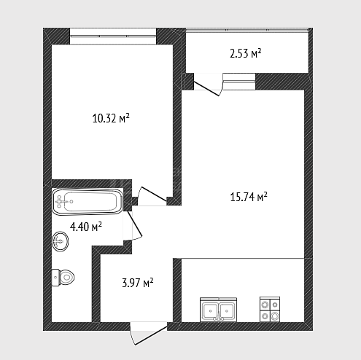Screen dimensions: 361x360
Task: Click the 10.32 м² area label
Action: click(x=111, y=119)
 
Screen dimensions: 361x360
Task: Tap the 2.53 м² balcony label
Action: click(x=246, y=53)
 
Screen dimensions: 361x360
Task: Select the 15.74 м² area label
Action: click(x=249, y=197)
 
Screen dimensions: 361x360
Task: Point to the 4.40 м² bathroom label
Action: click(x=86, y=227)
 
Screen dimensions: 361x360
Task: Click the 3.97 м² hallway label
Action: click(x=138, y=283)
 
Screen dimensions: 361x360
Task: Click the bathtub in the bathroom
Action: click(x=88, y=202)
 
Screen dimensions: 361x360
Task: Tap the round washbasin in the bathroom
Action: click(x=60, y=241)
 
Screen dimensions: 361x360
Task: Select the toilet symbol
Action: click(x=63, y=277)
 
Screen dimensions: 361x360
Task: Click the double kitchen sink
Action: click(x=218, y=310)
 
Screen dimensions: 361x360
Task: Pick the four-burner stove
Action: click(x=270, y=310)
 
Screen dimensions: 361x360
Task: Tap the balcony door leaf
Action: click(x=206, y=89)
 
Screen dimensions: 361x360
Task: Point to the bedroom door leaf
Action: click(x=154, y=194)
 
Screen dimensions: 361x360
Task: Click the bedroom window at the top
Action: click(x=113, y=36)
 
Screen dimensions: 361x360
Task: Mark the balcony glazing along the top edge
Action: click(x=247, y=30)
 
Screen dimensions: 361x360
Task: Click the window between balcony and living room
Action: click(x=239, y=82)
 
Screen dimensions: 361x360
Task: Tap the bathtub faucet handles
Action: click(x=59, y=201)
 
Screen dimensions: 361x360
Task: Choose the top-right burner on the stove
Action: click(x=275, y=305)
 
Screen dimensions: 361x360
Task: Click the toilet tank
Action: click(x=55, y=278)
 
